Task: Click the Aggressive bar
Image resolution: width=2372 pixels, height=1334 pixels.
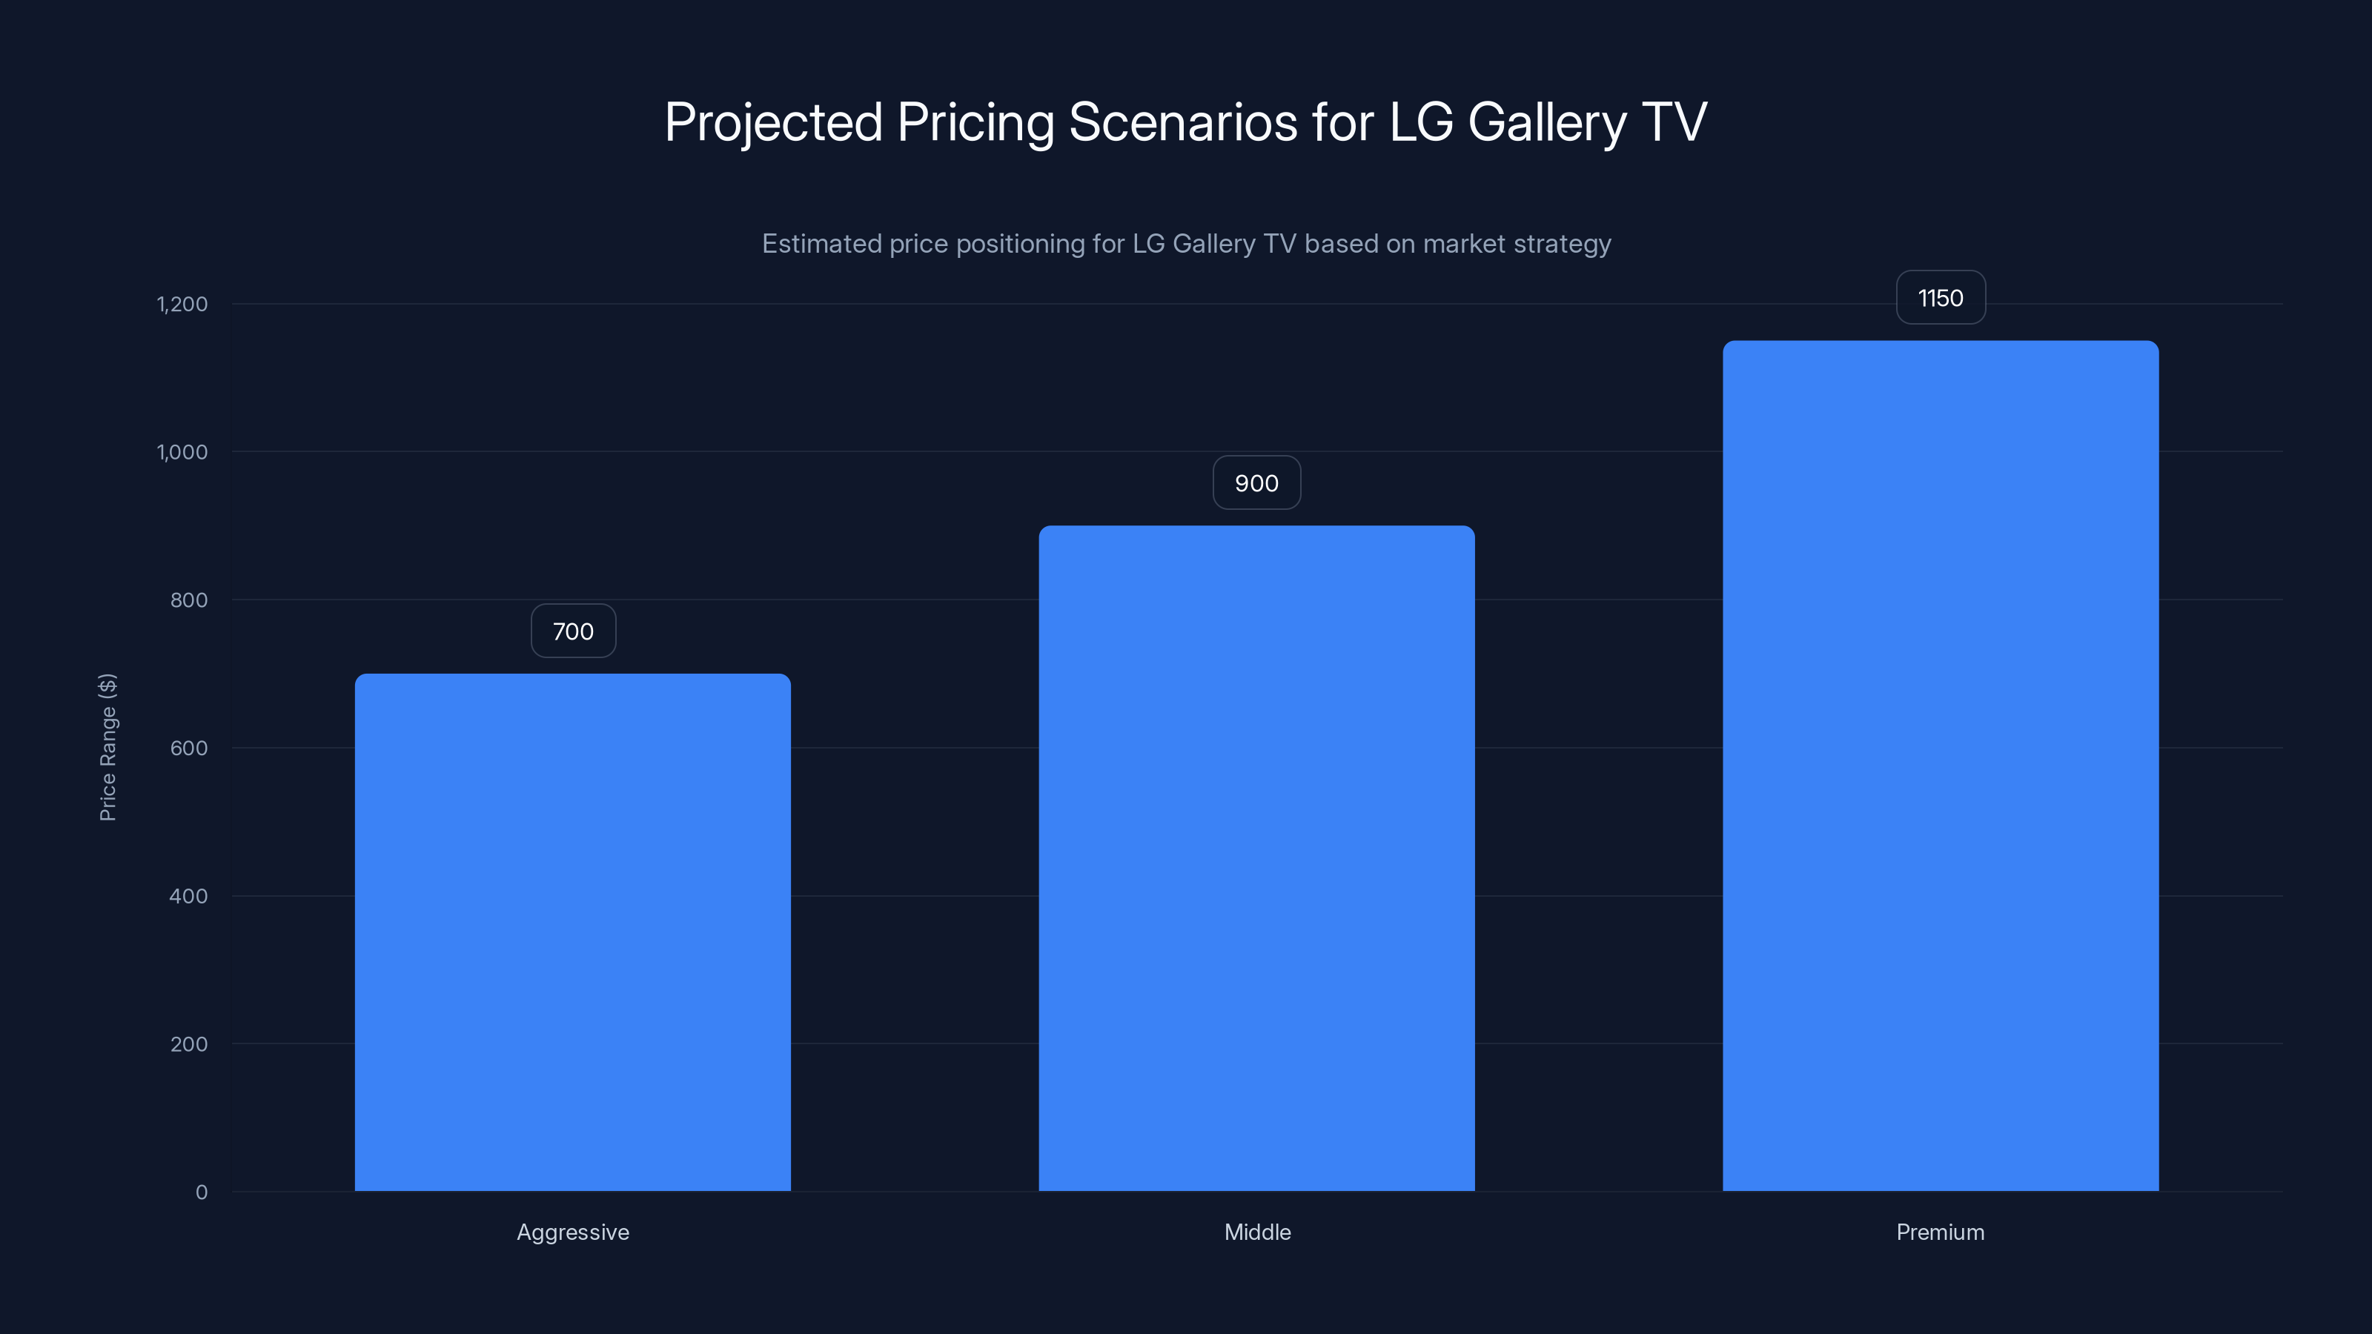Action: (x=573, y=932)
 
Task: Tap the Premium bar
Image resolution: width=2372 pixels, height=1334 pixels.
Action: (x=1940, y=766)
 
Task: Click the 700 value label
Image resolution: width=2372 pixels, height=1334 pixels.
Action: (x=573, y=631)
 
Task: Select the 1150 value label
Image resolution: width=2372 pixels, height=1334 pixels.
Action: (x=1940, y=298)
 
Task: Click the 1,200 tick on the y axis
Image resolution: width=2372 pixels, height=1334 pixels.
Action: (x=182, y=305)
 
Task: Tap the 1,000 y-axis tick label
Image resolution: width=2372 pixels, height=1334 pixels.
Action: (x=182, y=452)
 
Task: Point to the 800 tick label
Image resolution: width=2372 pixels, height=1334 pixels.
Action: (x=189, y=600)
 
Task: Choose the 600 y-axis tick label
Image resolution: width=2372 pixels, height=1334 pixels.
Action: (x=189, y=749)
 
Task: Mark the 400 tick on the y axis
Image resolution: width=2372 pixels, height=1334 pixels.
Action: (x=189, y=896)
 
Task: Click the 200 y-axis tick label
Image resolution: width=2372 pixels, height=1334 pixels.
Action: (x=189, y=1044)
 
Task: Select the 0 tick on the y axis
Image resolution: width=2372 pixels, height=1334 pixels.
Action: (x=202, y=1192)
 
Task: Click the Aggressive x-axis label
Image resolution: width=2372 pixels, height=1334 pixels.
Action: (x=573, y=1232)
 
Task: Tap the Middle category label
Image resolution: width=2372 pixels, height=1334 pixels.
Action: (x=1257, y=1232)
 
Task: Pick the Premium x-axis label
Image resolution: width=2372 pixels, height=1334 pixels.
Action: (x=1940, y=1232)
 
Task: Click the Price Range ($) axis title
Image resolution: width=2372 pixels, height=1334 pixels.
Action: (x=107, y=748)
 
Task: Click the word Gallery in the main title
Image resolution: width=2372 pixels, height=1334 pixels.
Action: (x=1547, y=122)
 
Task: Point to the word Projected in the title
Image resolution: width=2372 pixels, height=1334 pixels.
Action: (x=773, y=122)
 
